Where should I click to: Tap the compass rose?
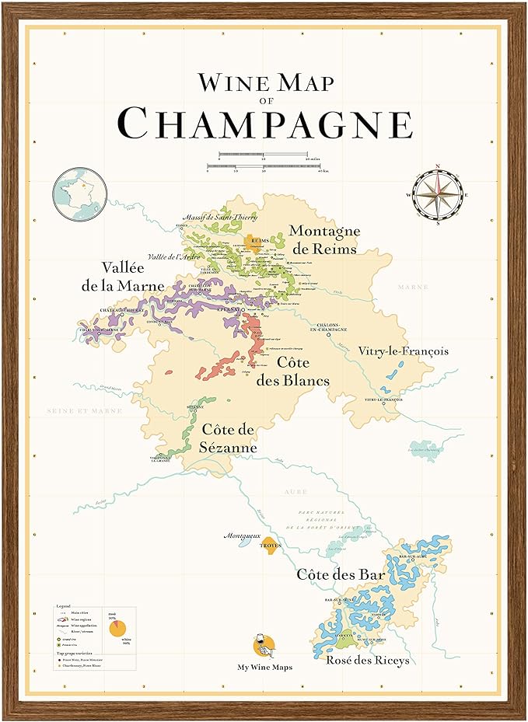439,194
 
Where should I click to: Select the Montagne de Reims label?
323,239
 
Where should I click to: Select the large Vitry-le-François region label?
403,351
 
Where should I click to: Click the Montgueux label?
240,535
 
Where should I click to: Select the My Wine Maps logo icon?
264,647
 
